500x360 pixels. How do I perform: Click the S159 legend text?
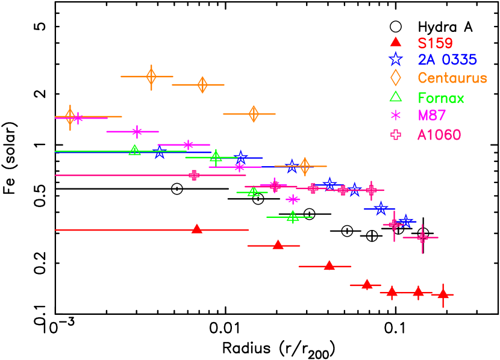(435, 43)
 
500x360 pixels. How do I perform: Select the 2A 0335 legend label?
(447, 60)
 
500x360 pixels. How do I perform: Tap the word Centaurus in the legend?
(452, 78)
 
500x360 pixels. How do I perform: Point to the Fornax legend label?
(441, 98)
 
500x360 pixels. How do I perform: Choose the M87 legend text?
(431, 115)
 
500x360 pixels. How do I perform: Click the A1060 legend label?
(439, 135)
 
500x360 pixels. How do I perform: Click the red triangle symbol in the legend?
(396, 42)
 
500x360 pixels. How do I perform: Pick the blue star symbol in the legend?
(396, 59)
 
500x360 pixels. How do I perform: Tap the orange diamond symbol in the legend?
(396, 78)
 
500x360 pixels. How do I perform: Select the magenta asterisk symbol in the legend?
(396, 115)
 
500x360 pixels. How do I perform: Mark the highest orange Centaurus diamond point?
(151, 76)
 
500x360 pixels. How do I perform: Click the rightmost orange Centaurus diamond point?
(305, 166)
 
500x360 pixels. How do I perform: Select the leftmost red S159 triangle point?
(197, 229)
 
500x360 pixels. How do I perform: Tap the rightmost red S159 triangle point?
(443, 294)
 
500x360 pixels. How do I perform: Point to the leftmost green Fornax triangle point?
(135, 150)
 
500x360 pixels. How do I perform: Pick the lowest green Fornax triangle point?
(293, 216)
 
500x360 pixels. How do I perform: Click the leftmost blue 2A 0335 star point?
(160, 152)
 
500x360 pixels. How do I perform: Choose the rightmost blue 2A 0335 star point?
(406, 221)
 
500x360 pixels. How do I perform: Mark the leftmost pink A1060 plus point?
(194, 175)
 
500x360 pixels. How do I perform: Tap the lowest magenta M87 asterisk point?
(293, 199)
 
